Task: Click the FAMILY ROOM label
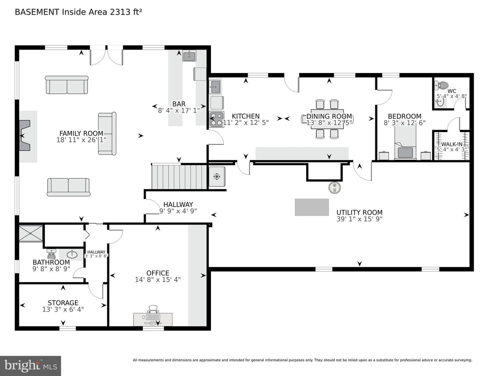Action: click(x=82, y=133)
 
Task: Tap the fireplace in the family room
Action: click(x=25, y=135)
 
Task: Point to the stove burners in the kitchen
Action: click(x=216, y=119)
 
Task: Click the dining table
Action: click(x=327, y=119)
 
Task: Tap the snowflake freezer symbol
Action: click(x=217, y=177)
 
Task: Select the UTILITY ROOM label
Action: click(x=360, y=212)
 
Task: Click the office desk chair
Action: click(x=153, y=309)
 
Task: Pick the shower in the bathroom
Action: click(x=31, y=234)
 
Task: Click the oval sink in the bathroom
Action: click(x=72, y=254)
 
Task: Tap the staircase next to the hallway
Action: click(x=179, y=177)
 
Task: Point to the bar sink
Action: click(x=189, y=55)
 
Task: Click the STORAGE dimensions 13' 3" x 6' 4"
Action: click(x=63, y=309)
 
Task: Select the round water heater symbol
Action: click(x=334, y=187)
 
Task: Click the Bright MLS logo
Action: click(x=30, y=366)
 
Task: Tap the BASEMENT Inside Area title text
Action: click(x=78, y=12)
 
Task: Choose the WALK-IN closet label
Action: click(x=451, y=144)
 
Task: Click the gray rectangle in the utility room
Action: click(x=312, y=207)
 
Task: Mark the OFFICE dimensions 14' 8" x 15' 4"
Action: click(x=158, y=280)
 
